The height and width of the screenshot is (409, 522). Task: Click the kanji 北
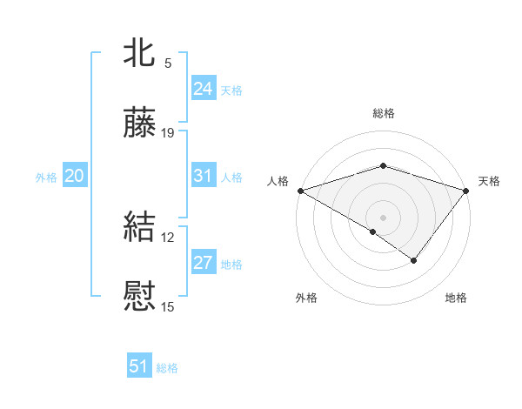(x=140, y=52)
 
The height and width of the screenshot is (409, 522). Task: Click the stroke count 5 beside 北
(x=168, y=63)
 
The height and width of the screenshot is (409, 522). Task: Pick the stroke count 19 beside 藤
(x=168, y=133)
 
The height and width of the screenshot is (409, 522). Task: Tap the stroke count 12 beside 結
(x=168, y=237)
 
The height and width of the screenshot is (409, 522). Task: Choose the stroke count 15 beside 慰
(x=168, y=306)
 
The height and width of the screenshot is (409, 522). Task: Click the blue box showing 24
(x=204, y=89)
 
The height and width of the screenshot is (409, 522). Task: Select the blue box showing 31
(x=204, y=176)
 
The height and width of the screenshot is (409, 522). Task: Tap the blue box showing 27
(x=204, y=263)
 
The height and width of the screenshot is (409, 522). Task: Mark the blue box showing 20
(x=75, y=176)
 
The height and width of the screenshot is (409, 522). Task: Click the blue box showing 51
(x=139, y=366)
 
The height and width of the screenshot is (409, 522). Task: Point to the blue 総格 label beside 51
(x=167, y=368)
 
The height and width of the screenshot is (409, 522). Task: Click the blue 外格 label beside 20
(x=46, y=178)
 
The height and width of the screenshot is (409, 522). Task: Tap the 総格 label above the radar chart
(x=383, y=113)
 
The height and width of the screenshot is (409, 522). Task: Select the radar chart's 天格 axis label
(x=489, y=181)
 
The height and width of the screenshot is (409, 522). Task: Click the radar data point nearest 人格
(x=300, y=191)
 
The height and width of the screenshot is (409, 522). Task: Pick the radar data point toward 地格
(x=414, y=260)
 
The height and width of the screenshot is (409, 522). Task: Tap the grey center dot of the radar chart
(x=383, y=217)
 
